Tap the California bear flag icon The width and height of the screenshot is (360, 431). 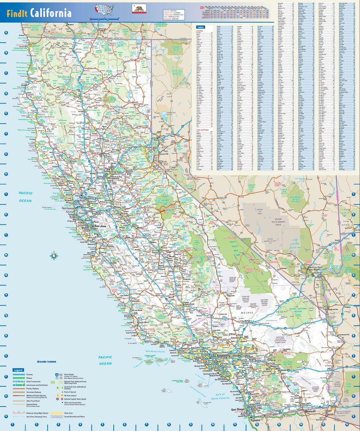139,8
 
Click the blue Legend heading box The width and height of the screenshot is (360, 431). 18,370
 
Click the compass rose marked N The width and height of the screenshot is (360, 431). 54,255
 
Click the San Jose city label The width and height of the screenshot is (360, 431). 100,226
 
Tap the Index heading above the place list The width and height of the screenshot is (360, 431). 201,27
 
